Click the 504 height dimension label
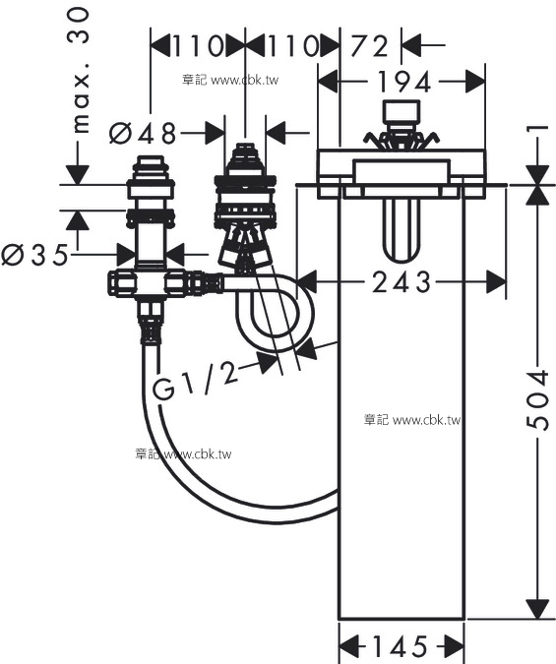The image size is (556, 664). (537, 400)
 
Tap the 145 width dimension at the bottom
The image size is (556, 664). (400, 646)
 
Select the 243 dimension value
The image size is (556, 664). (402, 282)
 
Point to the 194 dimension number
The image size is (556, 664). (403, 82)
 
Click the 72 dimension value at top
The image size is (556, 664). (369, 45)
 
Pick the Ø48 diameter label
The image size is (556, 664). (143, 133)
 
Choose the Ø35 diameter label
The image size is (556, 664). (34, 255)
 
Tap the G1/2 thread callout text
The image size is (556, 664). (194, 380)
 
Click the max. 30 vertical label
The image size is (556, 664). (79, 71)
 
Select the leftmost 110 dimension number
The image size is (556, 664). (197, 45)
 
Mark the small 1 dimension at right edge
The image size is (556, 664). (538, 128)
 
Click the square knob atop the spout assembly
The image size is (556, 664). (401, 112)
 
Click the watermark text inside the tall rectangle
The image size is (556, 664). (412, 420)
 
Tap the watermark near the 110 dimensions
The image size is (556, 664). (230, 80)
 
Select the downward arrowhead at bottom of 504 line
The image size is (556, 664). (537, 610)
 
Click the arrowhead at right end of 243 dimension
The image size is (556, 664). (496, 281)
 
